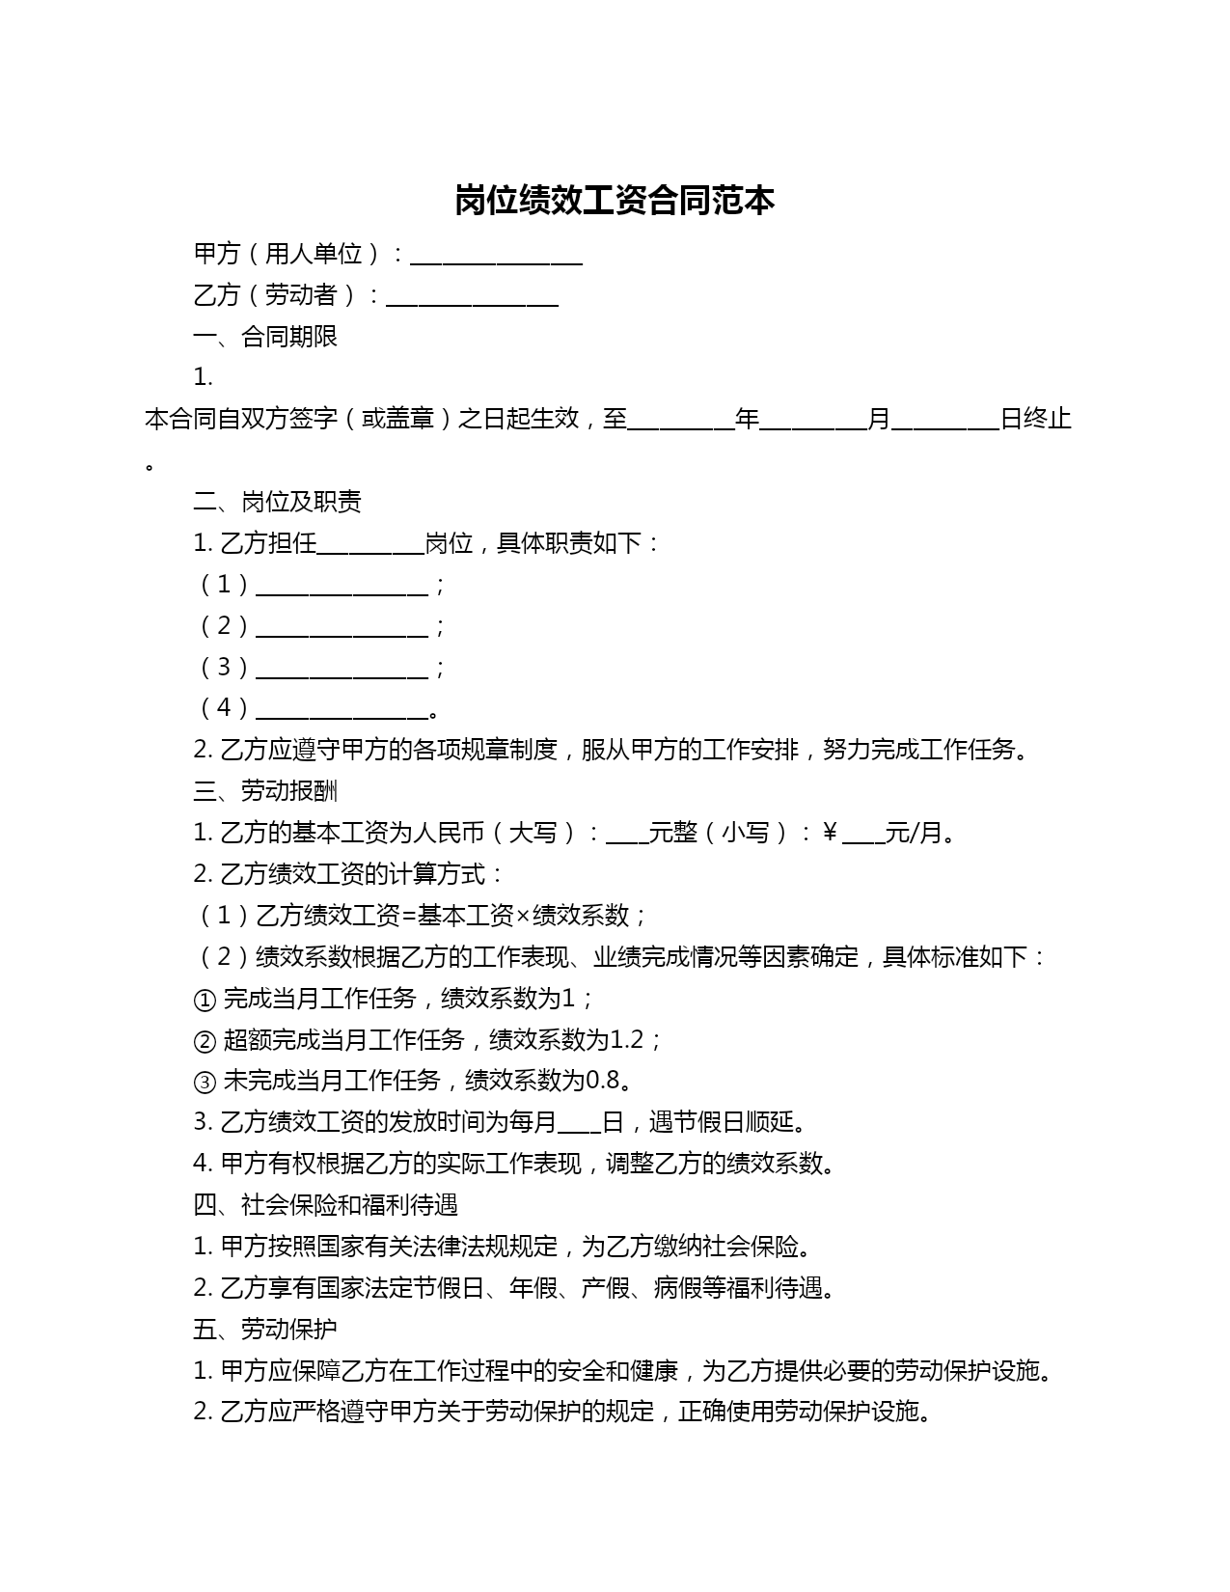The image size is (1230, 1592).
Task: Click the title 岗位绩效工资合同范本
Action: coord(615,201)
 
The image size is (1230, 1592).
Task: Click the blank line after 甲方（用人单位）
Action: coord(496,257)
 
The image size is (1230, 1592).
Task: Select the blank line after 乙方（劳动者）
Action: coord(472,298)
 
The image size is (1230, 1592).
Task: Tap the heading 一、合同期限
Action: coord(265,337)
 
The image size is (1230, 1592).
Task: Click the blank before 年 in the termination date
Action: coord(681,422)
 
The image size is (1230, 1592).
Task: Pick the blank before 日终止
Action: coord(945,422)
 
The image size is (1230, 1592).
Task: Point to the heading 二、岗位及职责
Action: coord(277,502)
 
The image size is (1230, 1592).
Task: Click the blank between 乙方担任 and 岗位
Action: coord(370,546)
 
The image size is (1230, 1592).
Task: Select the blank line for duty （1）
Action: coord(342,588)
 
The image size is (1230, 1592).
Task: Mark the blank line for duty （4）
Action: coord(342,711)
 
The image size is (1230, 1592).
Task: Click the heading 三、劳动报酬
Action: coord(265,791)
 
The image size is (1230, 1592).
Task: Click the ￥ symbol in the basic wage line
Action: coord(830,833)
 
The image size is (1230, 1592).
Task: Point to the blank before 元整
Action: coord(627,836)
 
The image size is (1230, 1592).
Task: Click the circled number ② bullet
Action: coord(205,1041)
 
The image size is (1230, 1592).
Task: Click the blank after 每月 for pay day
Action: coord(579,1125)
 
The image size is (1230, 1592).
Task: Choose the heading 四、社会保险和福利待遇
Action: coord(325,1205)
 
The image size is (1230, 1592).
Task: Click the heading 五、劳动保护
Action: coord(265,1329)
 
